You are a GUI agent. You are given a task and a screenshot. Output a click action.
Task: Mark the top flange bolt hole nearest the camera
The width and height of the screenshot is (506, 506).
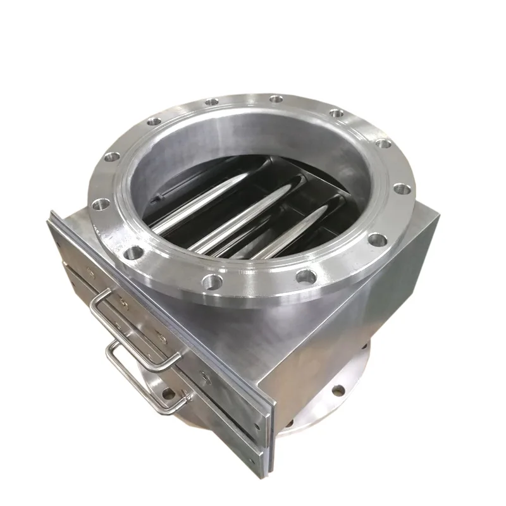pyautogui.click(x=213, y=281)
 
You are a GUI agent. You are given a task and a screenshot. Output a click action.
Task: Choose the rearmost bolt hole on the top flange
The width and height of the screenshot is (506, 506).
pyautogui.click(x=276, y=99)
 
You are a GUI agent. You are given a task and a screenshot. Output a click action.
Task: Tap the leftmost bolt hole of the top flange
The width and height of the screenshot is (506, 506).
pyautogui.click(x=101, y=204)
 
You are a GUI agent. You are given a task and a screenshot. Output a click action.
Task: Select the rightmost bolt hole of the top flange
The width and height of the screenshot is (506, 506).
pyautogui.click(x=401, y=188)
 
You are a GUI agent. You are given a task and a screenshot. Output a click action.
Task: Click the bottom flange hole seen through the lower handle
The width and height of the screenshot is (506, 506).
pyautogui.click(x=168, y=393)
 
